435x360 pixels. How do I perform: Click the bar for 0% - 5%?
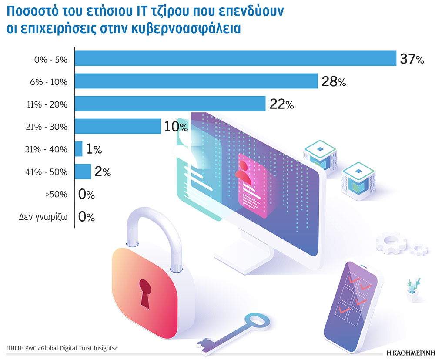(x=235, y=58)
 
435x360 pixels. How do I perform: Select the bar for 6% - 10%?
(x=196, y=81)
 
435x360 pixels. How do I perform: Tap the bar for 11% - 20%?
(x=170, y=104)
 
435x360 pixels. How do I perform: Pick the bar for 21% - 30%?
(x=117, y=126)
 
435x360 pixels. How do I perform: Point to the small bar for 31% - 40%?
(x=78, y=149)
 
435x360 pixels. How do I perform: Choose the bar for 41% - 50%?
(x=83, y=172)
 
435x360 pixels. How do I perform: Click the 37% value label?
(x=412, y=60)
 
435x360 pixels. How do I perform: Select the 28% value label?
(x=333, y=82)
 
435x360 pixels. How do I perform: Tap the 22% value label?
(x=281, y=104)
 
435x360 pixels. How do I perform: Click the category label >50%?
(x=56, y=194)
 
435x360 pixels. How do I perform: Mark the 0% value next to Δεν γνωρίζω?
(x=86, y=217)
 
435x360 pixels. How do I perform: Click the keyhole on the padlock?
(x=145, y=292)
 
